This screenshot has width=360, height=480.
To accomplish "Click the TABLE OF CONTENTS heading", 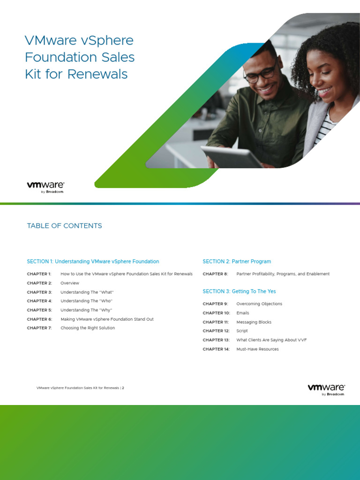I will pyautogui.click(x=64, y=225).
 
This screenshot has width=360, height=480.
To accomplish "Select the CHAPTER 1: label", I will pyautogui.click(x=39, y=274).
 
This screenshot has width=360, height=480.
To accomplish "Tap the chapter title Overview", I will pyautogui.click(x=70, y=283).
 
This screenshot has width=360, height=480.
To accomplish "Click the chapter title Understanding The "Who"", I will pyautogui.click(x=87, y=301).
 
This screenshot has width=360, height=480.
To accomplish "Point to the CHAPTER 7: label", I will pyautogui.click(x=39, y=328).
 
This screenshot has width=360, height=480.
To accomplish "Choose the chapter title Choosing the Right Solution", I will pyautogui.click(x=88, y=328).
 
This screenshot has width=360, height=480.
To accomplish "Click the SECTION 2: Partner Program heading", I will pyautogui.click(x=237, y=262).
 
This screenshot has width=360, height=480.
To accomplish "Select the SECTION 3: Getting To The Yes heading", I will pyautogui.click(x=239, y=291).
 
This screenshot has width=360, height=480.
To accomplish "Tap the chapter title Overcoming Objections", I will pyautogui.click(x=259, y=304).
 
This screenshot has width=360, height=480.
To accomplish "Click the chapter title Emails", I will pyautogui.click(x=243, y=313).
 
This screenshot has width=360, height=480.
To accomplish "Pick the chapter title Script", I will pyautogui.click(x=242, y=331).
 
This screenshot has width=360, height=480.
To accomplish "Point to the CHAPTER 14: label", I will pyautogui.click(x=216, y=349).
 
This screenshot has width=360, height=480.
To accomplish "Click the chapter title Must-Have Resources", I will pyautogui.click(x=257, y=349).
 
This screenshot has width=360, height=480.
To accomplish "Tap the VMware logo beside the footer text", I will pyautogui.click(x=326, y=390).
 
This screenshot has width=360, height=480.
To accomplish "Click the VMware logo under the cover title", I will pyautogui.click(x=45, y=187).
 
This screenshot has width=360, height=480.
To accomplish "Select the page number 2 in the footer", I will pyautogui.click(x=123, y=388).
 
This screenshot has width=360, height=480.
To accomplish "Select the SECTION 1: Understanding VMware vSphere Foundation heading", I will pyautogui.click(x=93, y=262).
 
